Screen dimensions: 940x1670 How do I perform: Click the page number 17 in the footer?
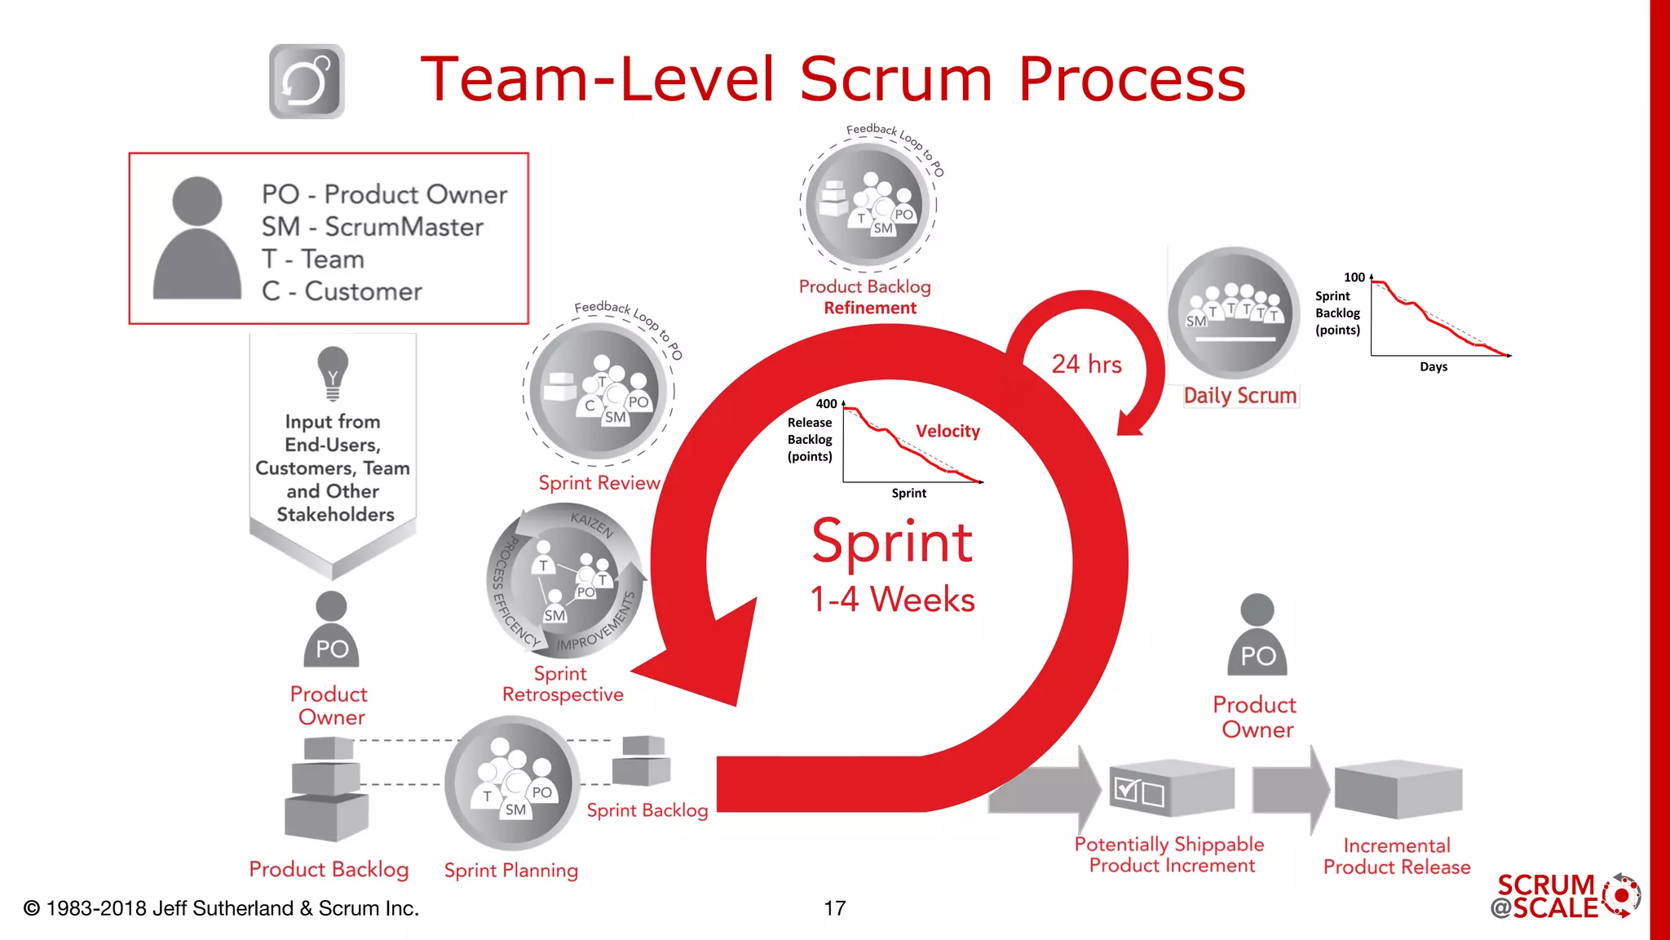(834, 908)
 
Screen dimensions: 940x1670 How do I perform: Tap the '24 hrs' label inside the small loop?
(1086, 364)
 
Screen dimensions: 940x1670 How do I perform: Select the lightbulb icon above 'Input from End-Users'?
(333, 373)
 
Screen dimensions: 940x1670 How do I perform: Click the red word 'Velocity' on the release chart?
(947, 431)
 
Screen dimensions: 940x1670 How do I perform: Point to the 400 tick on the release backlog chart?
(826, 404)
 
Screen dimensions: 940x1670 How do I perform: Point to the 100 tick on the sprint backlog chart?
(1354, 277)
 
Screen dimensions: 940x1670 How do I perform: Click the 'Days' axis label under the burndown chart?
(1433, 367)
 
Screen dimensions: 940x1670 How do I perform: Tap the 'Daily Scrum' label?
(1239, 396)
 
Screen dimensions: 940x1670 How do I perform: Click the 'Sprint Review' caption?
(599, 483)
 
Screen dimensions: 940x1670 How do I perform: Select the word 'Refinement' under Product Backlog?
(869, 308)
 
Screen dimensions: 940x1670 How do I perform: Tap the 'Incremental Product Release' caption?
(1396, 856)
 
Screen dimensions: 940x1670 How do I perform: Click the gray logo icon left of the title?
(307, 82)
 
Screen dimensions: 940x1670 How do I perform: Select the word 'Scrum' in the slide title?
(896, 79)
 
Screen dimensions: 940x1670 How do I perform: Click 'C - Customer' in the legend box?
(342, 291)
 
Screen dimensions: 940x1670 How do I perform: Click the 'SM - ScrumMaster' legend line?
(372, 227)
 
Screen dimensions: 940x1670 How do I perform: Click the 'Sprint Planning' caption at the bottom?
(510, 871)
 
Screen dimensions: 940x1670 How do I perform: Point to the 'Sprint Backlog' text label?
(647, 810)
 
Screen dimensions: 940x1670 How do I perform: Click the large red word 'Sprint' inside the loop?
(892, 542)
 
